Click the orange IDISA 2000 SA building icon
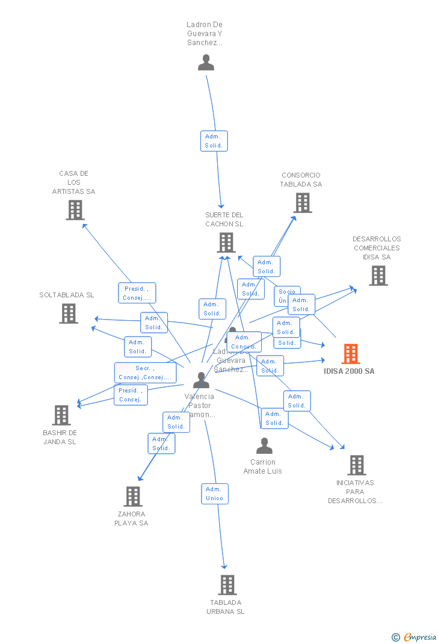pos(351,354)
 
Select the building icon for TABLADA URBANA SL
pos(227,584)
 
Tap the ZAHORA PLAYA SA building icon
pos(132,496)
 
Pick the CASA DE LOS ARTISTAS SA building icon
pos(75,210)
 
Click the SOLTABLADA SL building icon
pos(69,314)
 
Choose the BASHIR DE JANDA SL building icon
pos(61,415)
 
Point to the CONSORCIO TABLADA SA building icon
pos(302,203)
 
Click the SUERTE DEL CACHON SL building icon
pos(226,243)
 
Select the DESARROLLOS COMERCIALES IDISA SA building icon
pos(378,276)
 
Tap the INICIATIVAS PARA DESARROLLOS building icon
pos(356,465)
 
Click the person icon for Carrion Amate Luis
pos(264,446)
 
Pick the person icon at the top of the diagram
pos(206,63)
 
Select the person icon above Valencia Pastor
pos(201,380)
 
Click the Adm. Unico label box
pos(215,494)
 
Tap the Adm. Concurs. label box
pos(244,342)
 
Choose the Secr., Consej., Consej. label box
pos(145,373)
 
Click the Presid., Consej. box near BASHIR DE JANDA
pos(131,395)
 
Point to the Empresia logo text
pos(419,637)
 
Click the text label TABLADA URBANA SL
pos(226,607)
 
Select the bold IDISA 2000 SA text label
pos(349,371)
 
